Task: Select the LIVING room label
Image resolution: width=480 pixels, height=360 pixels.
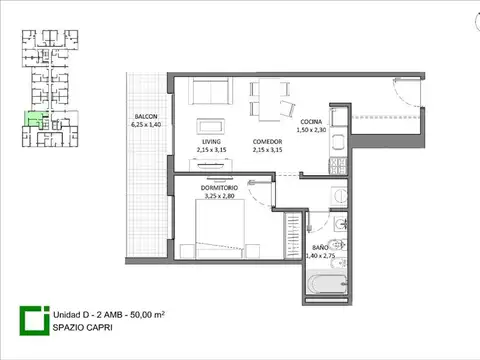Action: pos(210,142)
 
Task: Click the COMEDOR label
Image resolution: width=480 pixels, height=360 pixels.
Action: pos(267,142)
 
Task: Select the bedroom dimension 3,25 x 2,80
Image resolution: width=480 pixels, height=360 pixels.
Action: pos(219,195)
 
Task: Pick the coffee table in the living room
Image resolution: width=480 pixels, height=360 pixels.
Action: pos(211,125)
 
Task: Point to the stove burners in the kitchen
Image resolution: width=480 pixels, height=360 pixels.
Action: pos(339,166)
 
